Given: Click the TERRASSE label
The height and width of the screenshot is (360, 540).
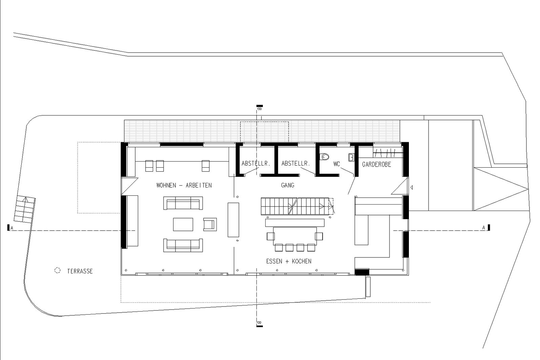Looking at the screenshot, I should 80,271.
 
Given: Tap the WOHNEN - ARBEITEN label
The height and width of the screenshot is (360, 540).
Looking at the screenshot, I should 184,185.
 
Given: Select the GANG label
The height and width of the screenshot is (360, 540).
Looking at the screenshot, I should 288,185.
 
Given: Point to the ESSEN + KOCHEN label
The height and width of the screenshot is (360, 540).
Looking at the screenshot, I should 289,261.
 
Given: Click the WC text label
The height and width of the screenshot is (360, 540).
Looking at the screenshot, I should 336,164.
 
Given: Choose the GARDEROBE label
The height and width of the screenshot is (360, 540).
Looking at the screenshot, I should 376,164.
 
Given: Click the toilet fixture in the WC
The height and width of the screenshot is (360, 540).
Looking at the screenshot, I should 325,157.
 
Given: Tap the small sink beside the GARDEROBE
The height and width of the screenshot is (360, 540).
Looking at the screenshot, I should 351,157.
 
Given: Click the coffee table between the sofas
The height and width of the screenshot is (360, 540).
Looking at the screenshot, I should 183,224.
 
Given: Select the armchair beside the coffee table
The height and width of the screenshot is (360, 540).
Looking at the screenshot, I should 210,225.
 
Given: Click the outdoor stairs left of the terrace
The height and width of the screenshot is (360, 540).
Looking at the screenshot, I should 24,209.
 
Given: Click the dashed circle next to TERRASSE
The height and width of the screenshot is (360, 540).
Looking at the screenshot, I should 57,271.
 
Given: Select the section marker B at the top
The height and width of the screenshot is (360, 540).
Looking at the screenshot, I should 259,108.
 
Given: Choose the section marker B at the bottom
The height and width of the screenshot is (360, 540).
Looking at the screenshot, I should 259,324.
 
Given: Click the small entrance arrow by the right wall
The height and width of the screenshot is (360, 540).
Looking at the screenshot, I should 412,187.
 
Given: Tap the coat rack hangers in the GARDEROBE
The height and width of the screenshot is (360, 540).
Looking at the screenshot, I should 388,153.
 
